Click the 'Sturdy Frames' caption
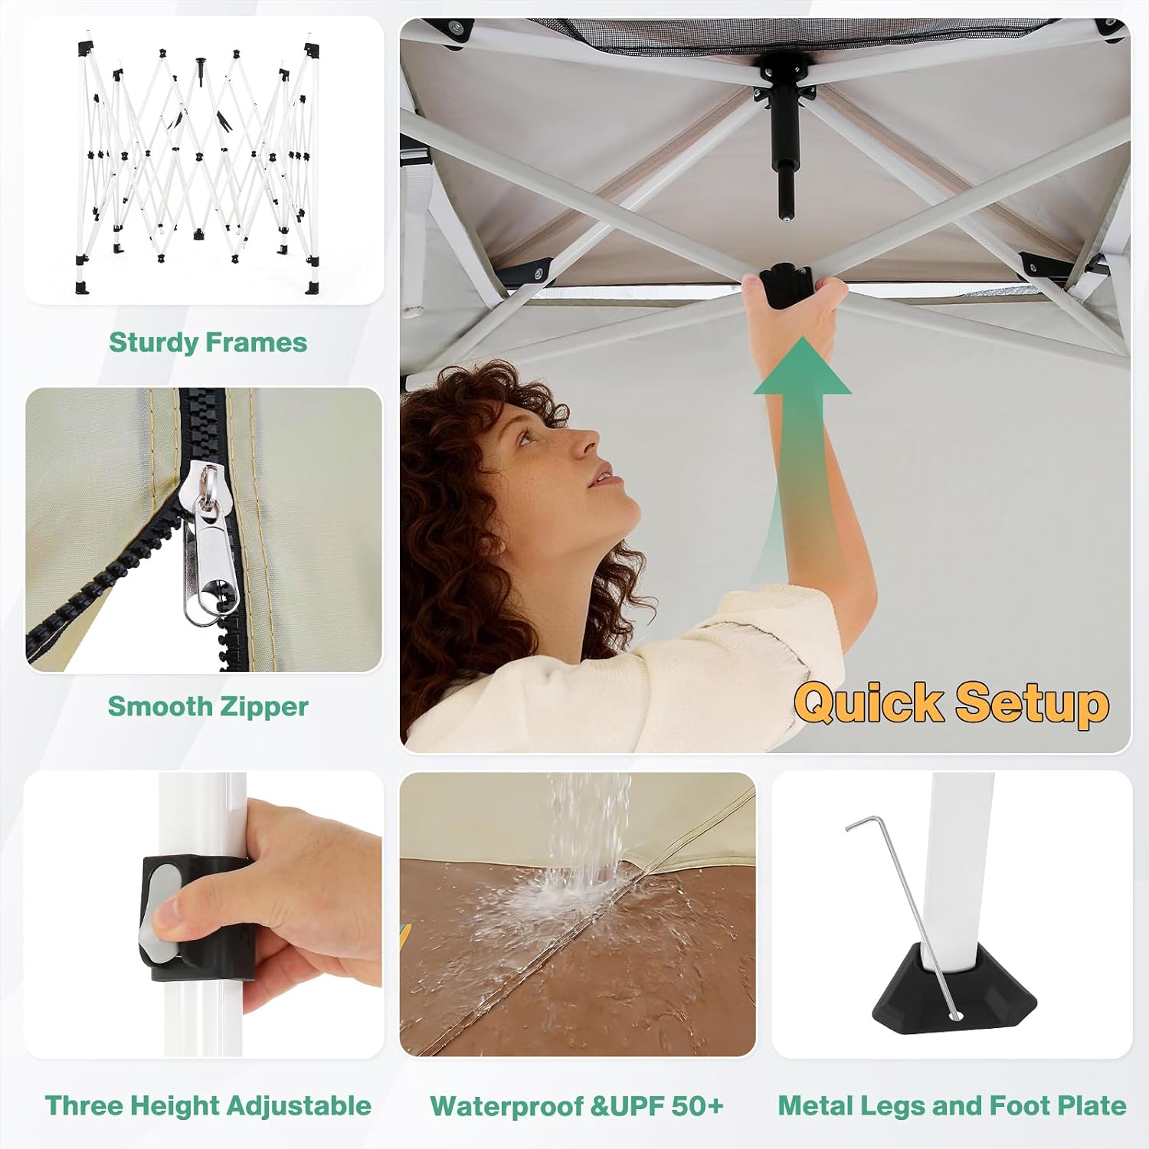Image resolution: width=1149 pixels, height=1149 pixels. [208, 342]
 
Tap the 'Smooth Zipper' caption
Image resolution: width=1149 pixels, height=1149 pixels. [208, 706]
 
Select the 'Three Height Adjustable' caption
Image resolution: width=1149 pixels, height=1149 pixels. [208, 1105]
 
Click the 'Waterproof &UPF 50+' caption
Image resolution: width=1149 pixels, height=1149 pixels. [576, 1105]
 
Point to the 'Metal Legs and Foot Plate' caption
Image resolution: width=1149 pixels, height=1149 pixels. [952, 1105]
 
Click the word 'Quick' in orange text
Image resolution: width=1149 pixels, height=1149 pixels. [869, 703]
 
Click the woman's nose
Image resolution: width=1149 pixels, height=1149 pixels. [590, 444]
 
